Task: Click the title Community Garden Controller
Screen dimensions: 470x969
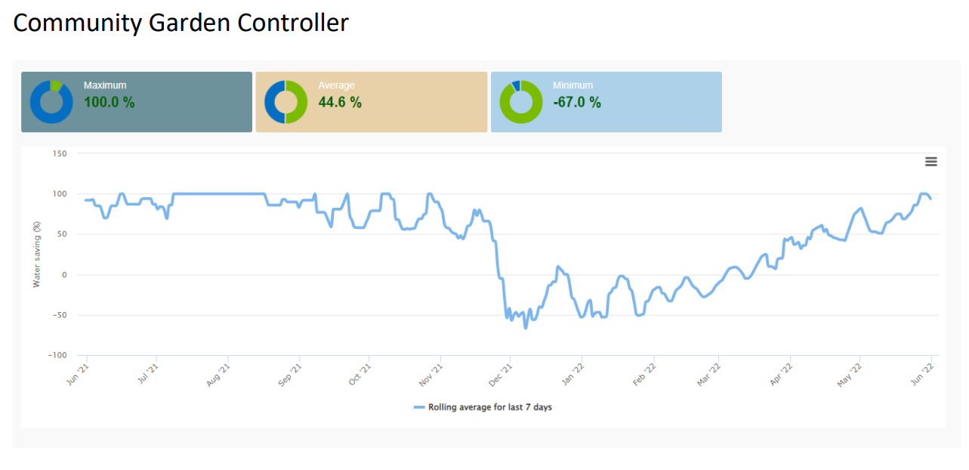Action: pyautogui.click(x=181, y=23)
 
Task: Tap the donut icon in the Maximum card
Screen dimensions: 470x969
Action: pyautogui.click(x=51, y=102)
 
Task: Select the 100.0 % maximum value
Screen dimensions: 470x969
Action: pyautogui.click(x=109, y=102)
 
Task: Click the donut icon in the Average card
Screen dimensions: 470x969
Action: pyautogui.click(x=285, y=102)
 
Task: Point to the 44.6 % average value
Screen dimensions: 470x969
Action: pyautogui.click(x=340, y=102)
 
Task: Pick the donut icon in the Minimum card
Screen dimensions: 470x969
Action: pyautogui.click(x=521, y=102)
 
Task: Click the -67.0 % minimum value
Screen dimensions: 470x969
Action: pyautogui.click(x=576, y=102)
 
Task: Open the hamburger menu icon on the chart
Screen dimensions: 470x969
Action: pyautogui.click(x=930, y=162)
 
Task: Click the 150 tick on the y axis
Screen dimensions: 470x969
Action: pyautogui.click(x=60, y=153)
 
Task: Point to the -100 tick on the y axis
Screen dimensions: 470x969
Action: pyautogui.click(x=57, y=355)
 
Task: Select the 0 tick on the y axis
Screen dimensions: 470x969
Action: pyautogui.click(x=64, y=275)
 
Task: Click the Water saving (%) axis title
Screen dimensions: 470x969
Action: pyautogui.click(x=36, y=255)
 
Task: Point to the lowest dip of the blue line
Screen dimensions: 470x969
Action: pyautogui.click(x=526, y=328)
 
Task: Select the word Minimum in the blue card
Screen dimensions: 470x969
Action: pyautogui.click(x=572, y=85)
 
